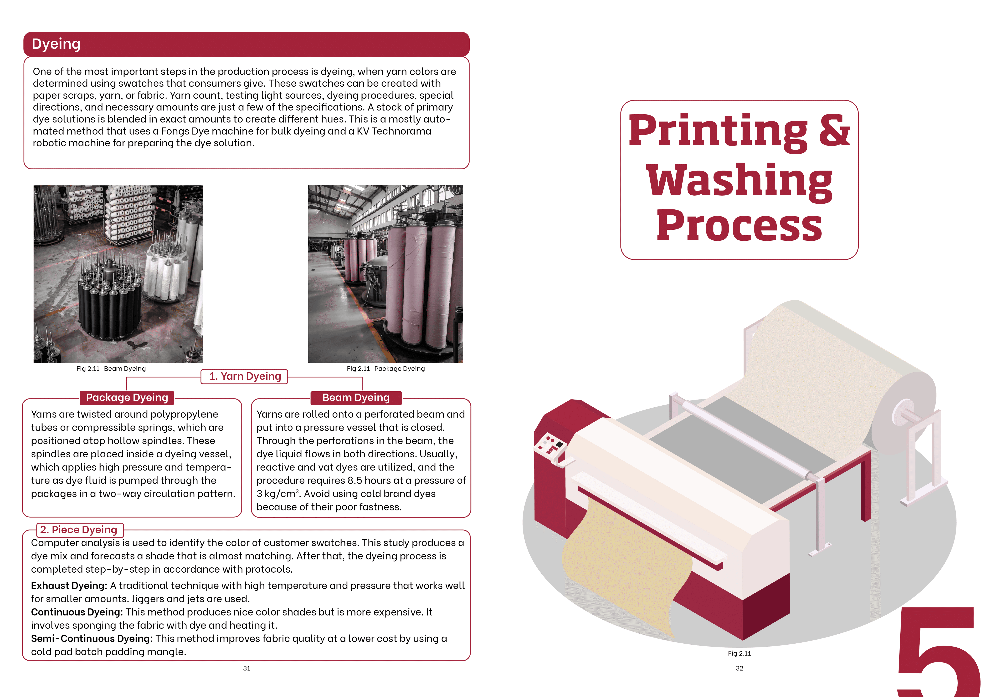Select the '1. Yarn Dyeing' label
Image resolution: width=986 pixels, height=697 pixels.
point(245,376)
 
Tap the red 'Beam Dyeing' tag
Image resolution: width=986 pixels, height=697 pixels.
point(356,397)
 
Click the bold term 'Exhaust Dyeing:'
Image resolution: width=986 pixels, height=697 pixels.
point(69,586)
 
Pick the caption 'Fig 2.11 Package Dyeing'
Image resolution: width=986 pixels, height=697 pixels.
point(386,369)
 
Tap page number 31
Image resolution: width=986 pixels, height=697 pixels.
point(246,668)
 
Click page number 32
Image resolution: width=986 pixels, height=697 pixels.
point(739,668)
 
